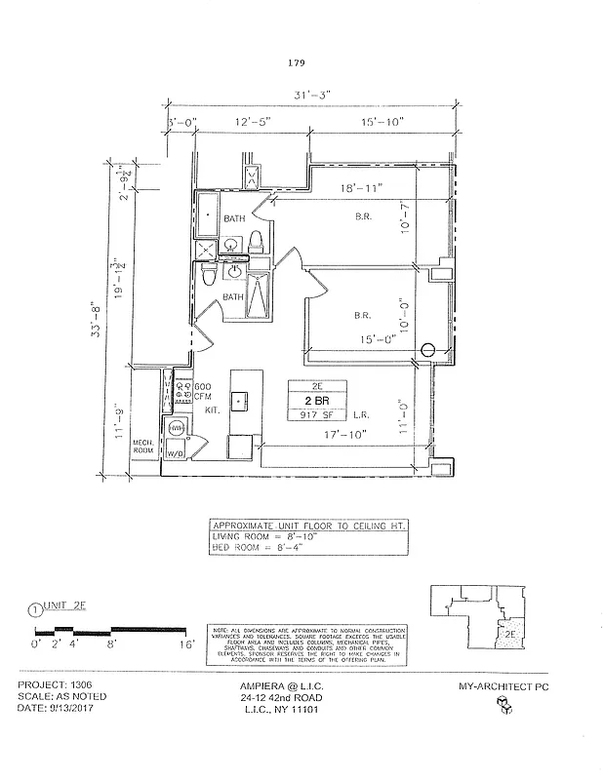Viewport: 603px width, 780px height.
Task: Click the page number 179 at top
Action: (298, 62)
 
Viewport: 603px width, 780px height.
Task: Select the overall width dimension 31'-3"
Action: (313, 95)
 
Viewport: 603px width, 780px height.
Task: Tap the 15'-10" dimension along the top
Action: (380, 122)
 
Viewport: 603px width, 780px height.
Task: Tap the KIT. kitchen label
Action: (212, 412)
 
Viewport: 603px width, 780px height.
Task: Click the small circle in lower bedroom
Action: (426, 350)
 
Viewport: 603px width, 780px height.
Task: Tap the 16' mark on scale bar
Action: (186, 644)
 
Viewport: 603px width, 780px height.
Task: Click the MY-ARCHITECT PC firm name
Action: (505, 686)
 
